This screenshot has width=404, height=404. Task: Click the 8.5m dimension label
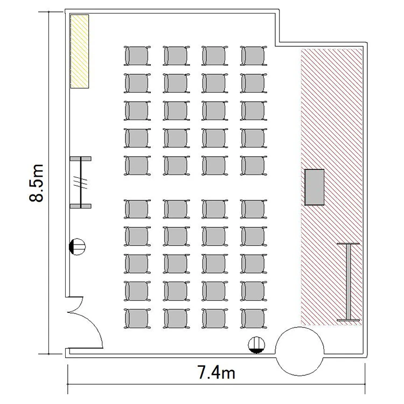click(x=36, y=183)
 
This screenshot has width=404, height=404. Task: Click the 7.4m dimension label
click(x=216, y=372)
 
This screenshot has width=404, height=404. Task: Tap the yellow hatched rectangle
click(x=80, y=51)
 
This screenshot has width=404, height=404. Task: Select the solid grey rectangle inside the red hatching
click(x=315, y=187)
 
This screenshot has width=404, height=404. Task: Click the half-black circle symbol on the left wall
click(x=77, y=247)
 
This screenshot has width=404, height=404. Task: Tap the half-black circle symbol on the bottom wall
click(x=256, y=345)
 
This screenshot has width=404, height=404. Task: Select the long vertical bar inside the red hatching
click(x=349, y=282)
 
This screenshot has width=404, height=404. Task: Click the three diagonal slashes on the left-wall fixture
click(x=80, y=182)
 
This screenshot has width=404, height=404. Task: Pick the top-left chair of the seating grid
click(x=137, y=56)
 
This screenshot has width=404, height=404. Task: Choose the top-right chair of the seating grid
click(x=254, y=56)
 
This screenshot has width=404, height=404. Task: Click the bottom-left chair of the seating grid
click(x=137, y=319)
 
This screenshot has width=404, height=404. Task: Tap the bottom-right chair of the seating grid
click(x=254, y=319)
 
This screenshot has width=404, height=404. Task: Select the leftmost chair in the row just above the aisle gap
click(x=137, y=165)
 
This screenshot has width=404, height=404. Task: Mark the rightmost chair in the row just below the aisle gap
click(x=254, y=209)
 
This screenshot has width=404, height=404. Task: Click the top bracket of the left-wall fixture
click(x=81, y=159)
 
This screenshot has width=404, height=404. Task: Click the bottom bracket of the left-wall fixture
click(x=81, y=206)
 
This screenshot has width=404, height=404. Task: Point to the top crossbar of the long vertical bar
click(x=348, y=243)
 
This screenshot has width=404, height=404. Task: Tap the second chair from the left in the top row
click(x=176, y=56)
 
